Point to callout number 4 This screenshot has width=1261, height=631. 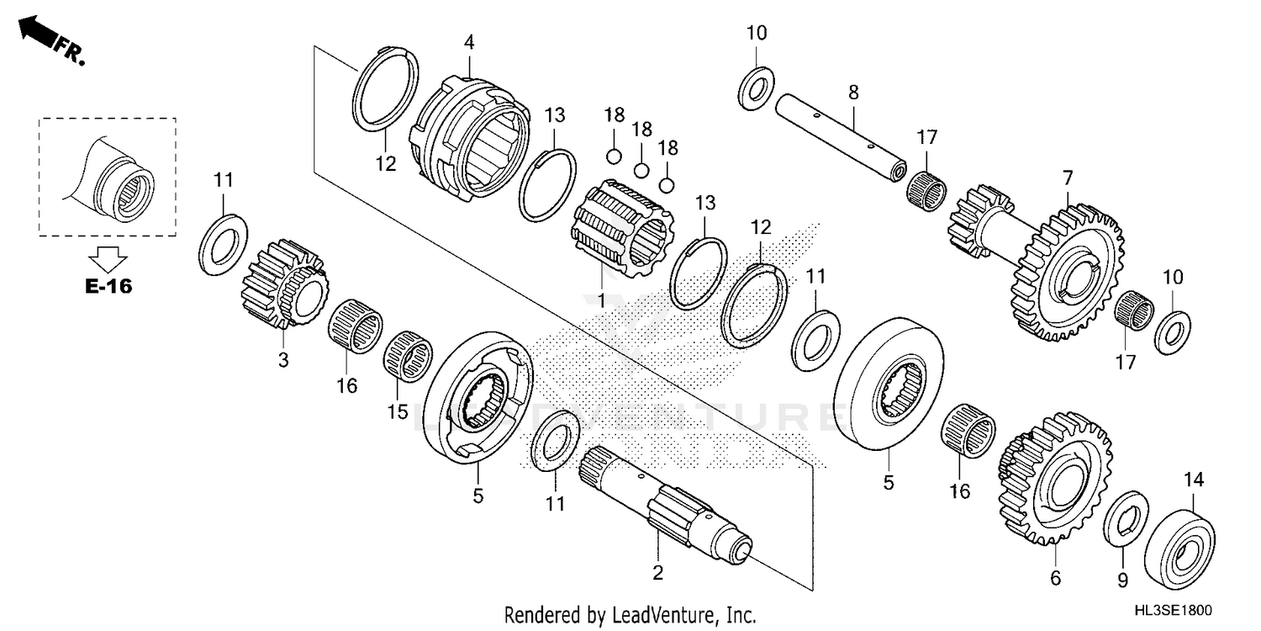[469, 40]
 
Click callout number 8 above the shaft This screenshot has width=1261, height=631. [852, 93]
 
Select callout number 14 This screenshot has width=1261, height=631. [1194, 480]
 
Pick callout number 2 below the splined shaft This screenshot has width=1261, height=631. [657, 573]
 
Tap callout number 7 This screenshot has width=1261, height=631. [1068, 178]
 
